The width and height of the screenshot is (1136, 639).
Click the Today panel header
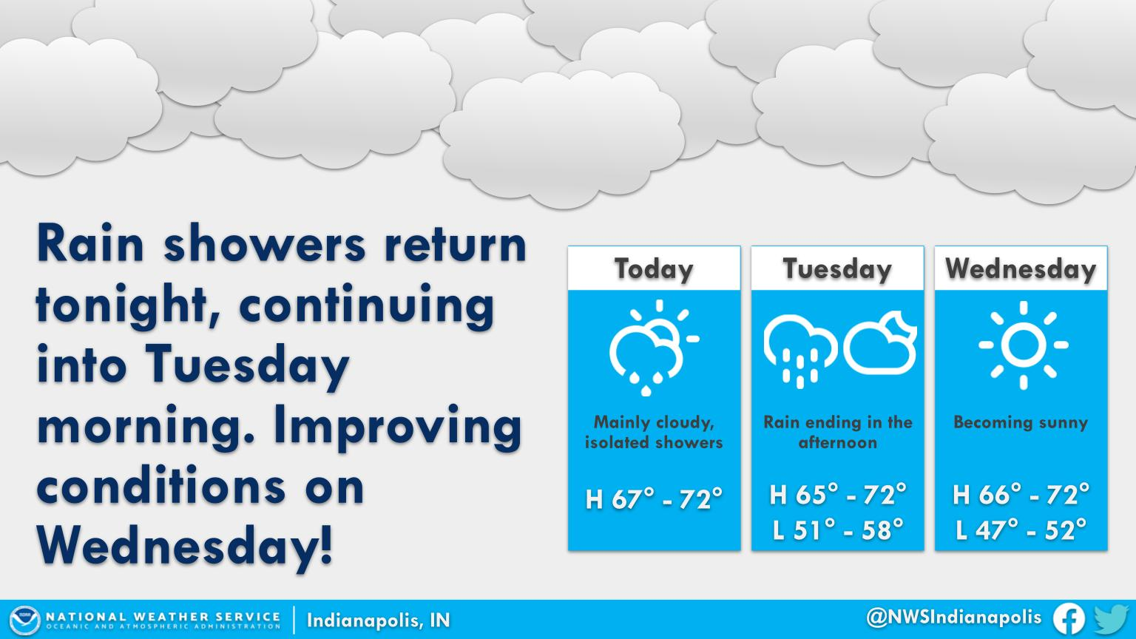[654, 268]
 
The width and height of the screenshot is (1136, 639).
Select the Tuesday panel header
[837, 268]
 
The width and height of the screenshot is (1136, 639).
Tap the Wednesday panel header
[1021, 268]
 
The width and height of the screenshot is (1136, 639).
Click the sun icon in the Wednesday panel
[1024, 345]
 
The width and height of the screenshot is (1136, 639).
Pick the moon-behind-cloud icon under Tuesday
[880, 343]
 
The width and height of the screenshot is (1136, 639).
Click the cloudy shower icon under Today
[655, 348]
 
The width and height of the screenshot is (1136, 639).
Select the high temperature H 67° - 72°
[654, 499]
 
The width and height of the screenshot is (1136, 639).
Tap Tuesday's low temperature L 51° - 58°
[838, 530]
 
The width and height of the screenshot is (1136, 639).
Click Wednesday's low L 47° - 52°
[1021, 530]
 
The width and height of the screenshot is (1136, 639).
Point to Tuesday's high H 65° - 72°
[838, 495]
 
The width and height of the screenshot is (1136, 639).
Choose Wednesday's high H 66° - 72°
[1021, 495]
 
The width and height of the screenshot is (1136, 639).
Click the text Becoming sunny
[1021, 422]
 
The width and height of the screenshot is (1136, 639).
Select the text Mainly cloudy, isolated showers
[654, 432]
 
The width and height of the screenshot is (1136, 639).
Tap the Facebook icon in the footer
[1069, 619]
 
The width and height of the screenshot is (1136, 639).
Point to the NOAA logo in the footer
[24, 620]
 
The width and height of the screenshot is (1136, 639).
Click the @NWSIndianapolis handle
[953, 618]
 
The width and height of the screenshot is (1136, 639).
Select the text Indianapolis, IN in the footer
[378, 621]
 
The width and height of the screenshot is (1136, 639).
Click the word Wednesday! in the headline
[185, 545]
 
